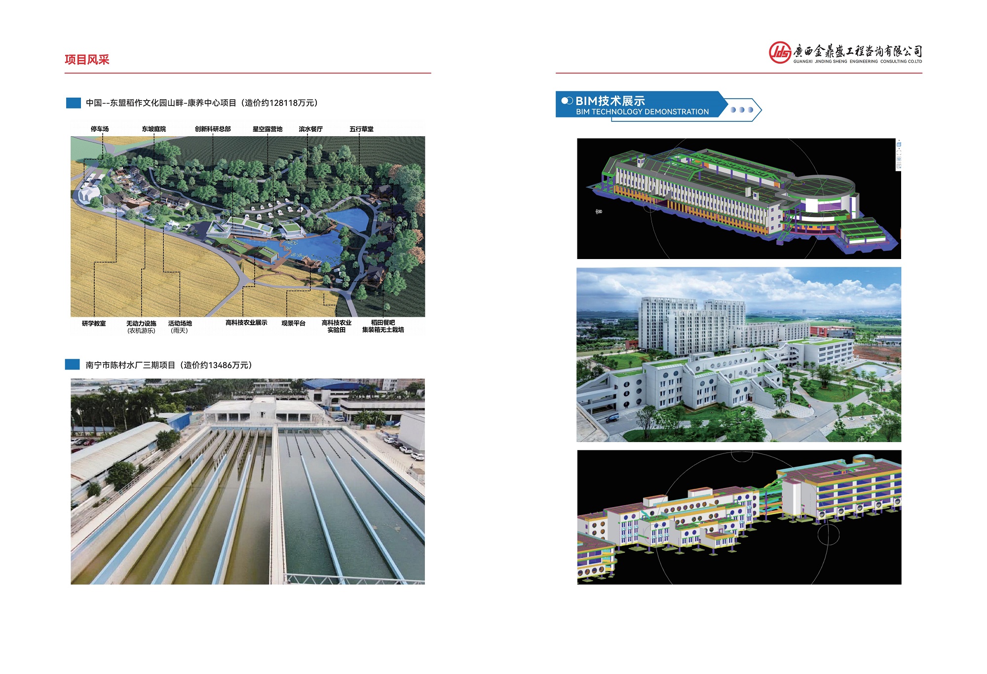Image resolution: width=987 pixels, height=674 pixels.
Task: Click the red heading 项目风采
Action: pos(87,60)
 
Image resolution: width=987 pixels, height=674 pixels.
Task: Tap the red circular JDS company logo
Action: pos(780,52)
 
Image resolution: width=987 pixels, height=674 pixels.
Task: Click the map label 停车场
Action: pos(100,129)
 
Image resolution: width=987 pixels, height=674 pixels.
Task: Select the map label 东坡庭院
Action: pos(154,129)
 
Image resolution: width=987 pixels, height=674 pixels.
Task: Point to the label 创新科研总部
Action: pos(213,129)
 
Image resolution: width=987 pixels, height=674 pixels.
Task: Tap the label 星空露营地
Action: pos(267,129)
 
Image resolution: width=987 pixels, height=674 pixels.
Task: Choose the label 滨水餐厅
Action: pos(310,129)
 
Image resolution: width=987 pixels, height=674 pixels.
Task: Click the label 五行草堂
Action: pos(361,129)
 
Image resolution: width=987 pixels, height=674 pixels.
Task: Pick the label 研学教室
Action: pos(94,324)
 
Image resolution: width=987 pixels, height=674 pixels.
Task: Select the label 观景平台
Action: pos(293,324)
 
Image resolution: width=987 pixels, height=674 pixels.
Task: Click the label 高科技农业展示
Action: pos(246,323)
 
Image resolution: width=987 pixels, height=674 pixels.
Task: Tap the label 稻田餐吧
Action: pos(383,323)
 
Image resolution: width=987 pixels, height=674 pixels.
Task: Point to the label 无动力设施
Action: pos(141,324)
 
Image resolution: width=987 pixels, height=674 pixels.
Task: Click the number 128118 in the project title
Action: pos(284,103)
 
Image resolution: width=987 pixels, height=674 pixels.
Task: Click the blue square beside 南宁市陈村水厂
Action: pos(73,365)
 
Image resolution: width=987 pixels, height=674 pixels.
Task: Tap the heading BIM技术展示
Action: pos(610,101)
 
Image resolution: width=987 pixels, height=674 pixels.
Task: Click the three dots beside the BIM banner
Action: pos(742,110)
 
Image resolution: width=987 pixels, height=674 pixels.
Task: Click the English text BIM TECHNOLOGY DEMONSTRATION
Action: pos(642,112)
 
